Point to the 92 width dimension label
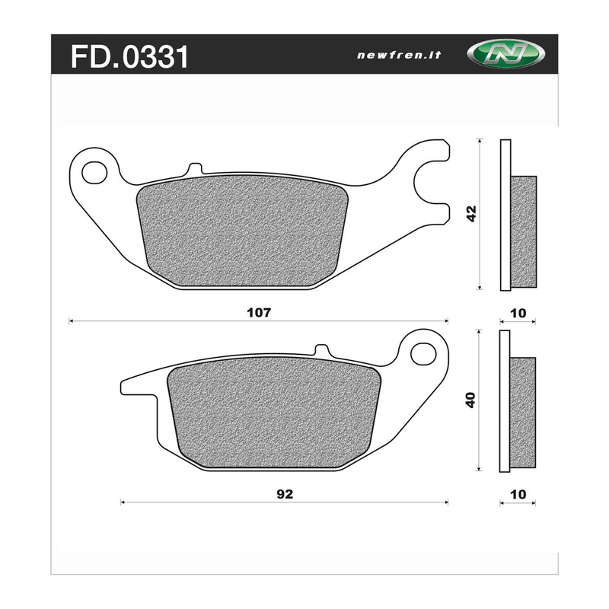(x=283, y=493)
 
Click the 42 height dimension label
(x=471, y=214)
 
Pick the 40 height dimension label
(x=471, y=400)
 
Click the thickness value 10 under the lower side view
(x=519, y=493)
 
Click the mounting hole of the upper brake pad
(x=94, y=172)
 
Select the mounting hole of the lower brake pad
(x=422, y=353)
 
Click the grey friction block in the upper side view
(x=523, y=232)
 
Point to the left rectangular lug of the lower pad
(x=138, y=386)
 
